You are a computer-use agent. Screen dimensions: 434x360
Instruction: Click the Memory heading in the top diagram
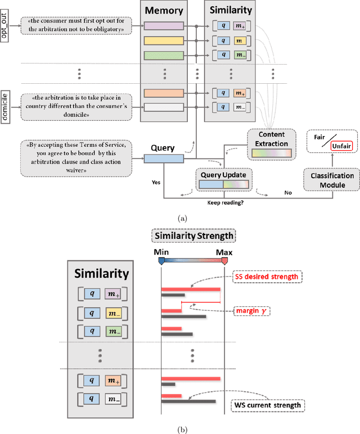coord(164,11)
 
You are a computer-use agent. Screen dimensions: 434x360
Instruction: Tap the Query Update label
coord(223,159)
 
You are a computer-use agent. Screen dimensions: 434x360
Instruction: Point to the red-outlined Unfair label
coord(334,146)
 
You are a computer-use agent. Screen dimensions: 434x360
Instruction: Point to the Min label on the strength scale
coord(161,252)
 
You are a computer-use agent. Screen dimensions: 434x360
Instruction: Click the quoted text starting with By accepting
coord(76,154)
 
